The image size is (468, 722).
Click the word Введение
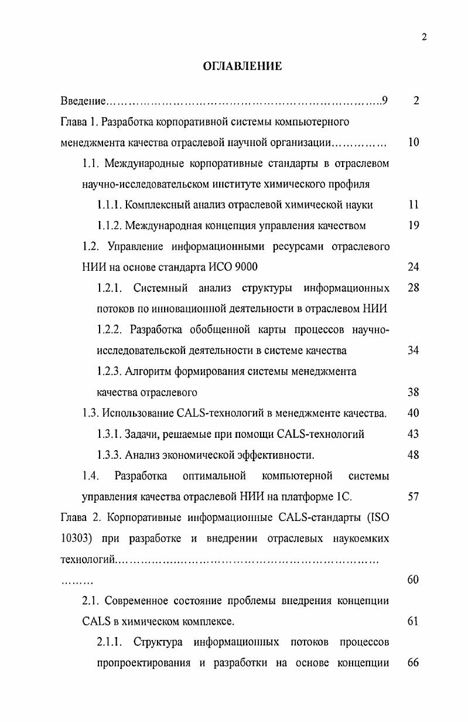[x=83, y=101]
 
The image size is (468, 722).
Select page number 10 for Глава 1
[x=414, y=142]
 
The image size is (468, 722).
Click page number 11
[x=414, y=205]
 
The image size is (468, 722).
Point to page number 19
[x=414, y=226]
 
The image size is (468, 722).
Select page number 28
[x=414, y=288]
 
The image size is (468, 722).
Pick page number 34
[x=414, y=350]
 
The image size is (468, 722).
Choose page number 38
[x=414, y=392]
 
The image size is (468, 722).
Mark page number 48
[x=414, y=455]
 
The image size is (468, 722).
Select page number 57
[x=414, y=497]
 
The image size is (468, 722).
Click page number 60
[x=414, y=580]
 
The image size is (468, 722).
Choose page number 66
[x=414, y=663]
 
